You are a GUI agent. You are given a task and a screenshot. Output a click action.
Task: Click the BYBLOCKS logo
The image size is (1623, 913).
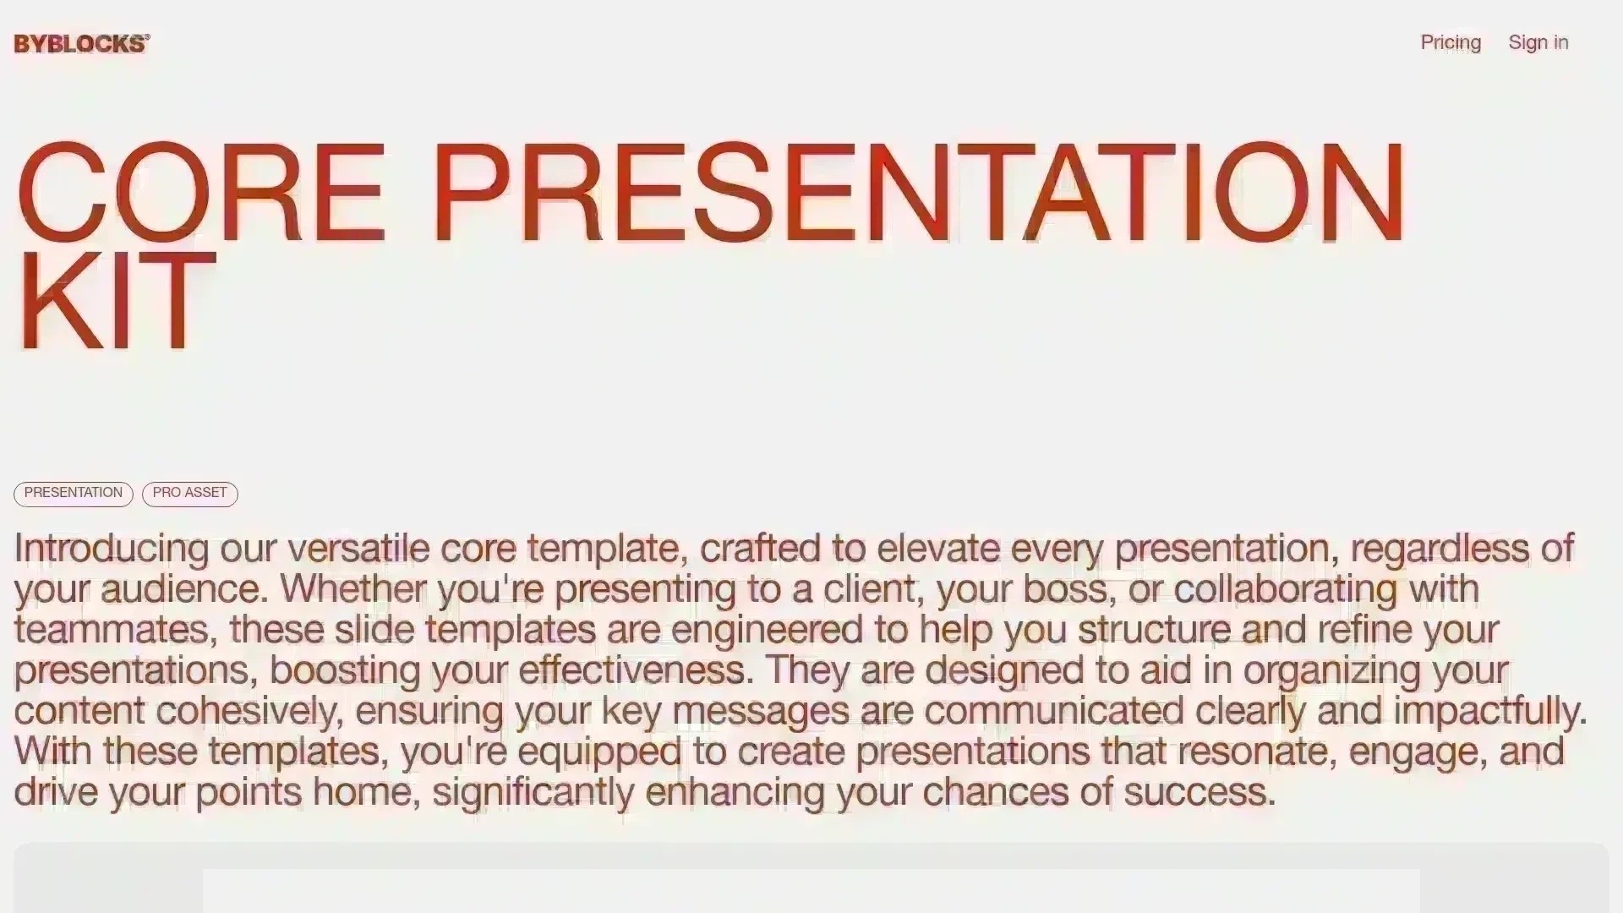(81, 44)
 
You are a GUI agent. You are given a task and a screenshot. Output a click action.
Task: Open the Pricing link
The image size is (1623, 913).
(1451, 42)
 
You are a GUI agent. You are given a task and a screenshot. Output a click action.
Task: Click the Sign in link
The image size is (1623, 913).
(1538, 42)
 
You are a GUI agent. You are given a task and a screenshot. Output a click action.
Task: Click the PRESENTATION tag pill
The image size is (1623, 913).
(74, 493)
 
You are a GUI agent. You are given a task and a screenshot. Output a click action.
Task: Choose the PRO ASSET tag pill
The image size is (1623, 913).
(189, 493)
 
